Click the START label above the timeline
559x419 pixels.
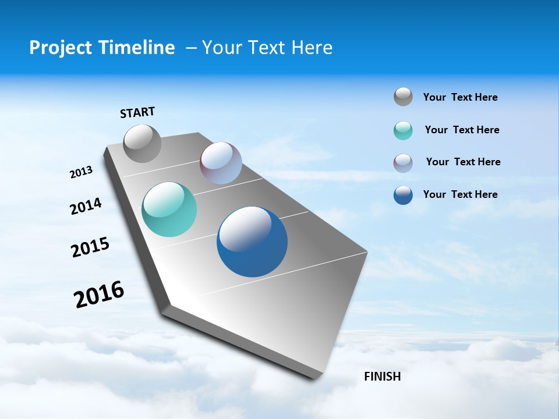[137, 112]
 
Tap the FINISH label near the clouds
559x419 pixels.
[382, 377]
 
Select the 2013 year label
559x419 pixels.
[81, 172]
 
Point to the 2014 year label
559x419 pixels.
[86, 206]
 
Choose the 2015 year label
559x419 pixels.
[90, 247]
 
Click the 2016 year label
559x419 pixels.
[99, 294]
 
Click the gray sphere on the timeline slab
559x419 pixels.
[143, 143]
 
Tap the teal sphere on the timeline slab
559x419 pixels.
[169, 210]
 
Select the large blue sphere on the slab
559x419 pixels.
[252, 242]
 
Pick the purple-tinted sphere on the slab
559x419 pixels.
[221, 163]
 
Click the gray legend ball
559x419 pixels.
[403, 97]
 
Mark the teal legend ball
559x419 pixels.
[403, 130]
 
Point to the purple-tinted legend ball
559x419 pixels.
[403, 163]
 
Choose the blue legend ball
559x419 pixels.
[403, 195]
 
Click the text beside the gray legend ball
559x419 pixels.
[460, 97]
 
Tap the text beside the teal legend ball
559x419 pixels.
[462, 130]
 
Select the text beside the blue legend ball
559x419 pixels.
[460, 194]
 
